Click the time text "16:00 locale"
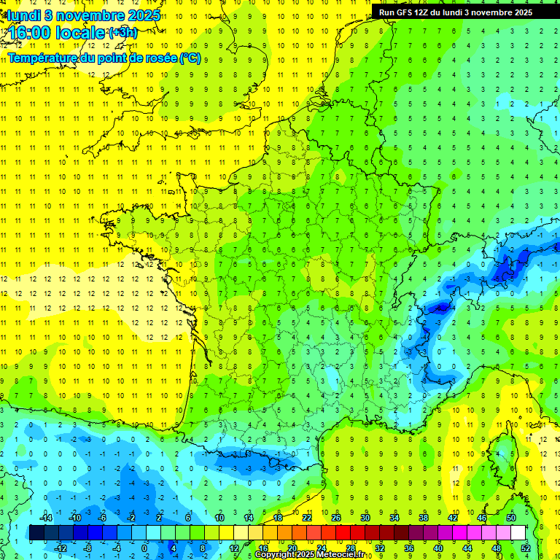(57, 32)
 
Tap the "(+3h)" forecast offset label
(122, 32)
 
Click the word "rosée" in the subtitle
(160, 58)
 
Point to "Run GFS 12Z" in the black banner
(406, 12)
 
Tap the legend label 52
(526, 548)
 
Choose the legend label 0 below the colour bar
(144, 548)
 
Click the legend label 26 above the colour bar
(336, 517)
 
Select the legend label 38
(424, 517)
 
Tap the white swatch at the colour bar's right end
(518, 532)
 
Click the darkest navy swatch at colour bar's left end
(36, 532)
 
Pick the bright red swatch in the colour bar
(343, 532)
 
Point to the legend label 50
(511, 517)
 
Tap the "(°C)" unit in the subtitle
(190, 58)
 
